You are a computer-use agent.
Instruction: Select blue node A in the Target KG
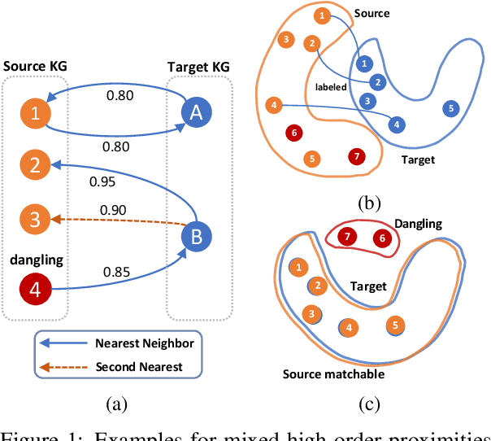[x=197, y=113]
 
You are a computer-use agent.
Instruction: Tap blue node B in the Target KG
[x=197, y=237]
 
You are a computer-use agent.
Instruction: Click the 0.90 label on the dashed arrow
[x=114, y=211]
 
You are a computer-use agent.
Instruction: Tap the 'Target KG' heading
[x=198, y=64]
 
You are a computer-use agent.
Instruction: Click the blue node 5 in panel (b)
[x=453, y=108]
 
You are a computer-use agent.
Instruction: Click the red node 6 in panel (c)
[x=380, y=238]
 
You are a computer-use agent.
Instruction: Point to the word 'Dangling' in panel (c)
[x=417, y=222]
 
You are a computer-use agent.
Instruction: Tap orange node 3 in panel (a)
[x=35, y=220]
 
